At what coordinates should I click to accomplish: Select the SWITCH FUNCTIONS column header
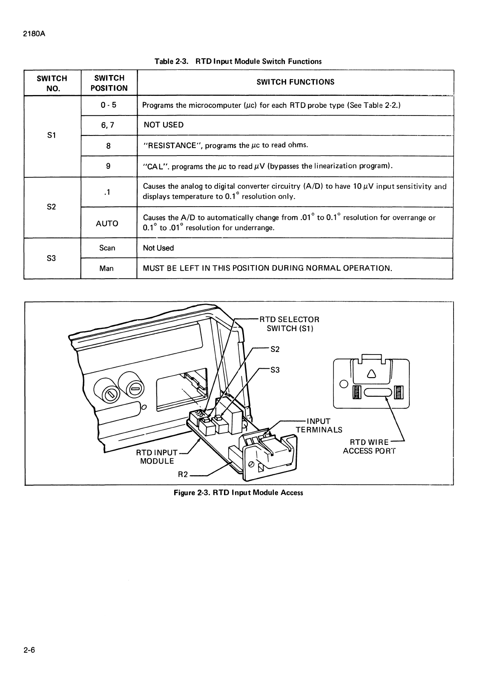(295, 82)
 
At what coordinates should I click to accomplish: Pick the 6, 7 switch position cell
(108, 125)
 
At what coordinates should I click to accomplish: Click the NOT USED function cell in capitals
(164, 125)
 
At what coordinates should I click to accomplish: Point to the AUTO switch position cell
(107, 223)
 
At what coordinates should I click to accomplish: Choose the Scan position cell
(107, 248)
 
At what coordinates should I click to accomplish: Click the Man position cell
(106, 268)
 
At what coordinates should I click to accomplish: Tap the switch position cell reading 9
(108, 166)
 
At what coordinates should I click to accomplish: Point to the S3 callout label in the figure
(275, 370)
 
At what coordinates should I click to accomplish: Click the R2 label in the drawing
(183, 474)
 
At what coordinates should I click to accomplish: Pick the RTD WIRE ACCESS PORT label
(369, 447)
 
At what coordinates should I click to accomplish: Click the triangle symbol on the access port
(371, 374)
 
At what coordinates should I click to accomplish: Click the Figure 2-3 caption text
(238, 493)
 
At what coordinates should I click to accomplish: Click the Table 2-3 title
(238, 61)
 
